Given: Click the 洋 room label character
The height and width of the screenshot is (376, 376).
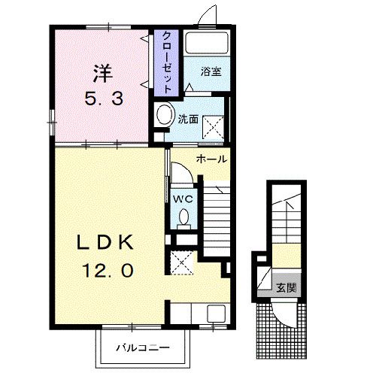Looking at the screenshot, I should click(104, 73).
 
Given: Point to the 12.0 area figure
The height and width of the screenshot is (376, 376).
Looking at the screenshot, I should click(108, 268).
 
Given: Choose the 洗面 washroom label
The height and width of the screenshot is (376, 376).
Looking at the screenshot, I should click(187, 118).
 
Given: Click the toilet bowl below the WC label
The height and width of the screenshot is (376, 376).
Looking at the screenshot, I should click(184, 218).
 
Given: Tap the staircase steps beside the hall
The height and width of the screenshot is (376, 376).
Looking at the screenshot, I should click(216, 217).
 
